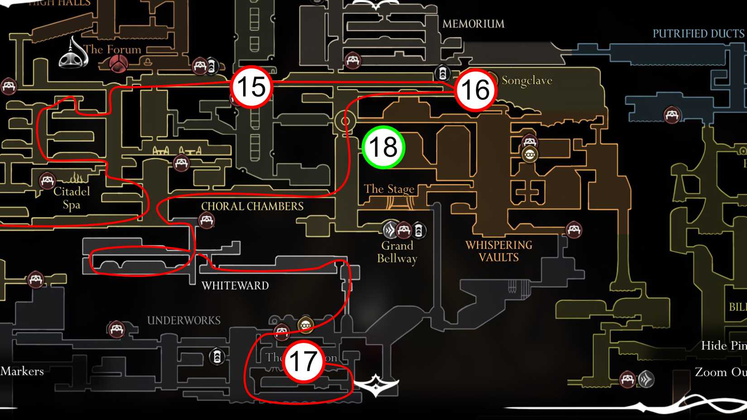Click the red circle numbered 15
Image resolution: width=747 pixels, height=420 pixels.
click(251, 87)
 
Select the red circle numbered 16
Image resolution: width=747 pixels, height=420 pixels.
click(475, 90)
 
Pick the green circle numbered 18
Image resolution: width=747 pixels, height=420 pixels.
click(383, 148)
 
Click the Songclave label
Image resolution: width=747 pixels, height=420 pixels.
click(527, 81)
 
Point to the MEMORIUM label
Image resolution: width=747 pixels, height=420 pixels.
click(473, 24)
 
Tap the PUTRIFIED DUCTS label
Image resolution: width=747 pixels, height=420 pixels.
click(698, 34)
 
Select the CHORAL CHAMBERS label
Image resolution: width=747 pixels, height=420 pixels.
click(252, 206)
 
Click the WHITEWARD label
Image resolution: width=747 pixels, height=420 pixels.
click(235, 286)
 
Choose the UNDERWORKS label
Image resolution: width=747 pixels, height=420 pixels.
click(184, 320)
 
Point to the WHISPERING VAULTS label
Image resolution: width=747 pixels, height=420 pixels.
click(499, 251)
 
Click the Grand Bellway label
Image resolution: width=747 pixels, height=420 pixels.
click(397, 252)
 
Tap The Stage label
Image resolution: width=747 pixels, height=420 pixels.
click(389, 189)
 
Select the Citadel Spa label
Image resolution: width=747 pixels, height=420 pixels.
click(72, 198)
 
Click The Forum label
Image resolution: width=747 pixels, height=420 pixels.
click(112, 49)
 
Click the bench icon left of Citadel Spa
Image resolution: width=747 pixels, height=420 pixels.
click(47, 181)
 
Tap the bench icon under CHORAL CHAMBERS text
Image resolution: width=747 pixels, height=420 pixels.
click(206, 220)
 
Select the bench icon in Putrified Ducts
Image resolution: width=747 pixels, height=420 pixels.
click(672, 115)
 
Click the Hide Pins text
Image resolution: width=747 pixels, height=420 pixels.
click(723, 346)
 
